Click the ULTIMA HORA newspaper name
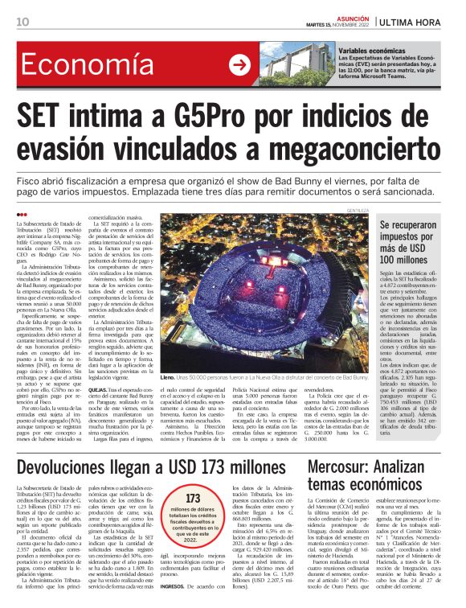[421, 21]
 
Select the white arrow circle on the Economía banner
[239, 65]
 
